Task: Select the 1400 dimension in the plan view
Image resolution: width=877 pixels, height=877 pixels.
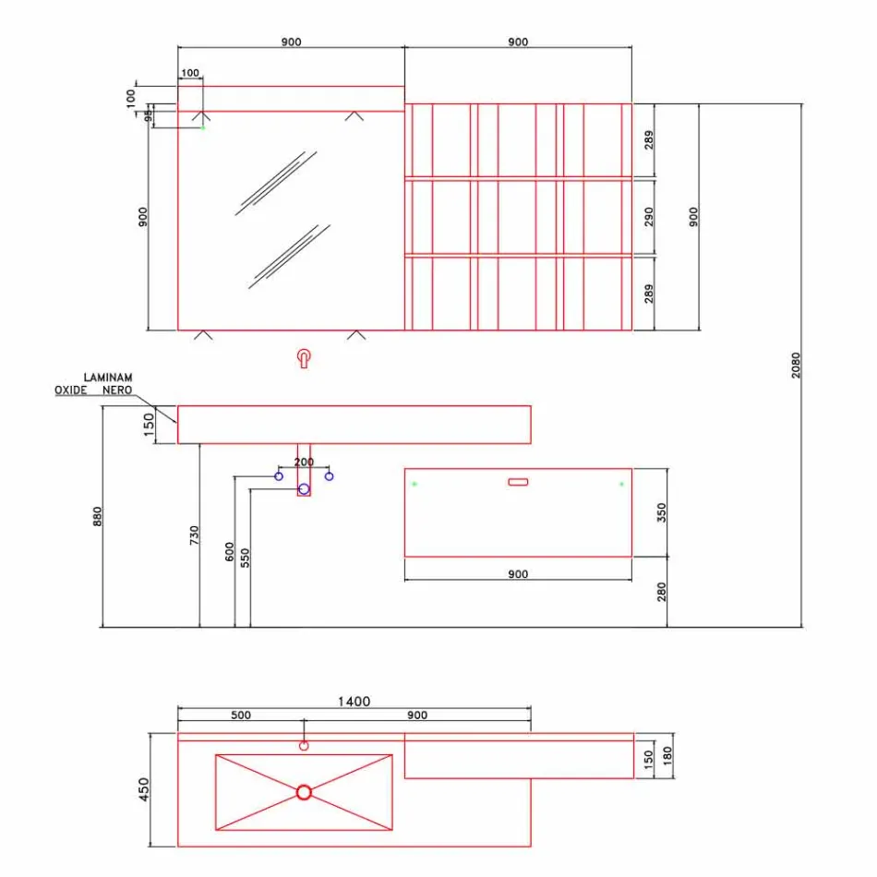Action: pyautogui.click(x=353, y=702)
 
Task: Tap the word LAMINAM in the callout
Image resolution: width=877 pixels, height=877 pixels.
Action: pyautogui.click(x=108, y=378)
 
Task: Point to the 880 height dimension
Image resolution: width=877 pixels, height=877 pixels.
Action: pyautogui.click(x=97, y=517)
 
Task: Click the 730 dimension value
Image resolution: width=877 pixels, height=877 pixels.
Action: pyautogui.click(x=194, y=536)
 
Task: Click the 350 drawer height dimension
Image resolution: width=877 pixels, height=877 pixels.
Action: pyautogui.click(x=661, y=513)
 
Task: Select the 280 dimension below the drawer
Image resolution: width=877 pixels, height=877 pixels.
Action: pyautogui.click(x=661, y=592)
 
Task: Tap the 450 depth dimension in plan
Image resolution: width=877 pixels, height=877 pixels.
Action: pyautogui.click(x=143, y=789)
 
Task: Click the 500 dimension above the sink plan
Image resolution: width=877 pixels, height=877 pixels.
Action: pyautogui.click(x=241, y=715)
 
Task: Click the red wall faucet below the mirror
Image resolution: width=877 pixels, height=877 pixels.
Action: pyautogui.click(x=304, y=358)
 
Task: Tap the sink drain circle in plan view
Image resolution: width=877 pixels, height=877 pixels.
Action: pyautogui.click(x=305, y=792)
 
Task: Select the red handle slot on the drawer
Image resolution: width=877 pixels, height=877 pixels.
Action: pyautogui.click(x=518, y=481)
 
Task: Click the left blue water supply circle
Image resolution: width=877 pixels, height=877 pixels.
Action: pyautogui.click(x=279, y=476)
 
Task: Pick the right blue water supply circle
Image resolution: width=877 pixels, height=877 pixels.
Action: pyautogui.click(x=329, y=476)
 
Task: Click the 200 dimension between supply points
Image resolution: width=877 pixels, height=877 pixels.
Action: pyautogui.click(x=304, y=462)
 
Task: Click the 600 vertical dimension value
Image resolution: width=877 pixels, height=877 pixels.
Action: pyautogui.click(x=229, y=551)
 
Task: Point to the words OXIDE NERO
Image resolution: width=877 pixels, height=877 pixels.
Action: pyautogui.click(x=93, y=390)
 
